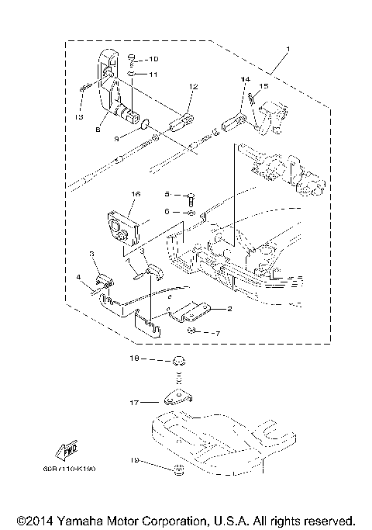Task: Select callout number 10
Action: [153, 59]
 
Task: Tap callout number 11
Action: [153, 74]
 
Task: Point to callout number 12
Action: [193, 87]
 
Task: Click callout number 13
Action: [80, 116]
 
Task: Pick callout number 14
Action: [244, 80]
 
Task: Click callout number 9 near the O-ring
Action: [118, 139]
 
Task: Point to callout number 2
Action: [229, 308]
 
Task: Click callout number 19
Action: [134, 461]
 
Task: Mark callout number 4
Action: [78, 277]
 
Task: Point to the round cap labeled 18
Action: [179, 360]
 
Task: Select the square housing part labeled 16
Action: [122, 230]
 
